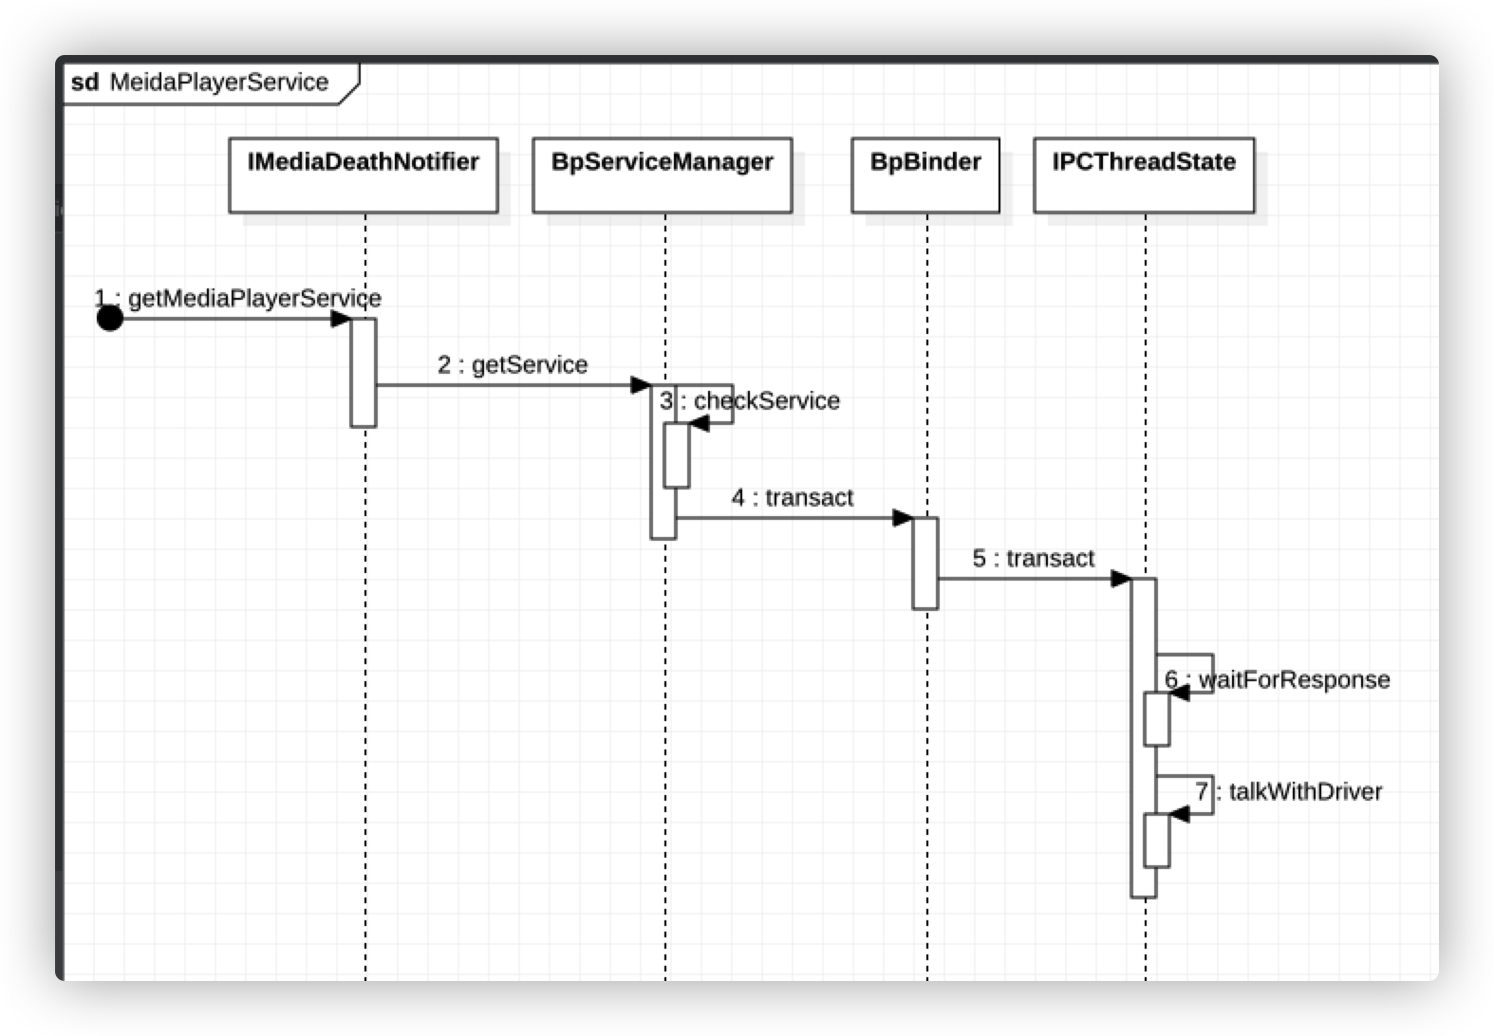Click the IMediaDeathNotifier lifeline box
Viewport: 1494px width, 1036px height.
click(363, 175)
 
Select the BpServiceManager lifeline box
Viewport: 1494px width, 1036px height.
click(662, 175)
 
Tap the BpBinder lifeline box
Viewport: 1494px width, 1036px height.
click(925, 175)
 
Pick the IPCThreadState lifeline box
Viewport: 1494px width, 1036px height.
click(1144, 175)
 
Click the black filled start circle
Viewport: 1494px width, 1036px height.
click(110, 319)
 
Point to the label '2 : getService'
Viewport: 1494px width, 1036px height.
click(513, 365)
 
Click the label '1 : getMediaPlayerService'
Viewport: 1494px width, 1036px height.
click(238, 299)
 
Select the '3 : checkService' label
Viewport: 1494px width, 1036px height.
click(750, 401)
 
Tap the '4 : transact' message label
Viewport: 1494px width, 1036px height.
click(793, 498)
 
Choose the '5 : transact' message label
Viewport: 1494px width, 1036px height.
click(1034, 559)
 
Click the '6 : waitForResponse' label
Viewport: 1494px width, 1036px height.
click(1278, 680)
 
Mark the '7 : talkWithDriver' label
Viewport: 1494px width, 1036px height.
click(1289, 792)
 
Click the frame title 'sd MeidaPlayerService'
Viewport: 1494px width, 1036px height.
click(200, 83)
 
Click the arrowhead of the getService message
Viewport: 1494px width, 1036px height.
click(641, 385)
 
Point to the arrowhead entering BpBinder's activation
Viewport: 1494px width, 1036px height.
click(903, 518)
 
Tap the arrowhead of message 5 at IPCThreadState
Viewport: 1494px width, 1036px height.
click(1121, 579)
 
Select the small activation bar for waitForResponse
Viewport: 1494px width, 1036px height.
click(1156, 719)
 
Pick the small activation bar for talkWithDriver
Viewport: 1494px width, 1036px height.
click(1156, 841)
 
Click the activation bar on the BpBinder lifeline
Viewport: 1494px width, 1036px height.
click(925, 563)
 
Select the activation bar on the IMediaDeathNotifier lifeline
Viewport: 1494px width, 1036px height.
click(364, 373)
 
